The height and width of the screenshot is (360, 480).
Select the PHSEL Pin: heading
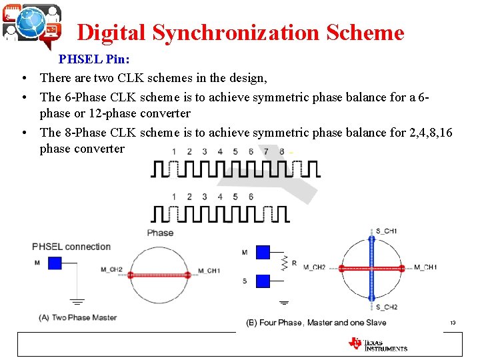tap(94, 59)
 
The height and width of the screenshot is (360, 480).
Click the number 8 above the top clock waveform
tap(282, 151)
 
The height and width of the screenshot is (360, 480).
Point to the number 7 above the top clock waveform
tap(267, 151)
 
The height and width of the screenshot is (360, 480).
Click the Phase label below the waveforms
tap(160, 233)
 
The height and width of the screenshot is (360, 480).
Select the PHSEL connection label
tap(71, 247)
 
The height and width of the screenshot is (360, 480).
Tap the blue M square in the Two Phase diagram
tap(55, 263)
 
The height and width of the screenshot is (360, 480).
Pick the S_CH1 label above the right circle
tap(387, 231)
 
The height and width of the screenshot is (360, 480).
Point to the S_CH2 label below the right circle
tap(387, 307)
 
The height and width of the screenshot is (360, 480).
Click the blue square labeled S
tap(263, 281)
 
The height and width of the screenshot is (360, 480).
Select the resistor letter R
tap(294, 263)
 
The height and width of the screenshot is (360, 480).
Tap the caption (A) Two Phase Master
tap(78, 317)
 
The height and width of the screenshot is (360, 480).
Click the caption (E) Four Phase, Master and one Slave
tap(316, 323)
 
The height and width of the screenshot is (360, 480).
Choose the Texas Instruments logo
tap(377, 343)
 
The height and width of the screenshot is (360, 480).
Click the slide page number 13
tap(452, 323)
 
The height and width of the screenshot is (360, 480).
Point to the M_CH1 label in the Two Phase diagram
tap(209, 271)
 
